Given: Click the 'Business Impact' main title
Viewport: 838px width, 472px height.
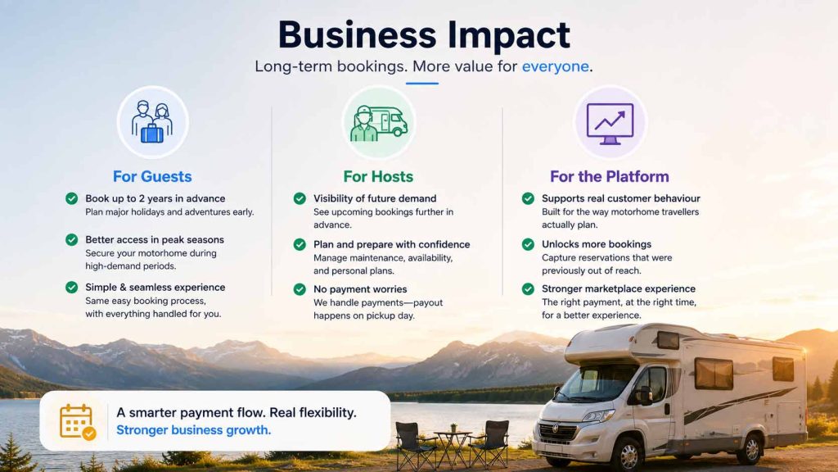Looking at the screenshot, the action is (x=424, y=35).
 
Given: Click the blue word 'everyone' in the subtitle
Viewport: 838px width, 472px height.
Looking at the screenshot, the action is (x=556, y=66).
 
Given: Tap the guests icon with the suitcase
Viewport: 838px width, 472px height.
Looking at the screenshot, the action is (x=152, y=122).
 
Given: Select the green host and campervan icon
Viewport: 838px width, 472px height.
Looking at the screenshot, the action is (x=378, y=123).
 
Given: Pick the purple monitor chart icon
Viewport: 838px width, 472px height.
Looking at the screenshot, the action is (x=610, y=123).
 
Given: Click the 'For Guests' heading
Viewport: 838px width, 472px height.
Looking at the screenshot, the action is (x=152, y=177).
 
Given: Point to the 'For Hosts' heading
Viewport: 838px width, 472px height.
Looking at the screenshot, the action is (x=378, y=177).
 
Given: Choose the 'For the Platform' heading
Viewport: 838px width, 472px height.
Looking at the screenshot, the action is (x=609, y=177).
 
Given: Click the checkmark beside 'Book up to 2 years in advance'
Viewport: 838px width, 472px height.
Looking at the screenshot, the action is (x=72, y=198).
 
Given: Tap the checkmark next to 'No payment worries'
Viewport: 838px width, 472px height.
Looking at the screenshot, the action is (x=300, y=289).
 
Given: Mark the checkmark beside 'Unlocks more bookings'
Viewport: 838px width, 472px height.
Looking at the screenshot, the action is (x=528, y=244).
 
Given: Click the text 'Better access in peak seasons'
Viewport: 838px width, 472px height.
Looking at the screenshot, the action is (x=155, y=240).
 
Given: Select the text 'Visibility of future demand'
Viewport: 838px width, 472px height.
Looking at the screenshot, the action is (x=375, y=198).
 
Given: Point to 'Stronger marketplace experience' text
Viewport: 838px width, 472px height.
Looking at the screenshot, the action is (x=619, y=289).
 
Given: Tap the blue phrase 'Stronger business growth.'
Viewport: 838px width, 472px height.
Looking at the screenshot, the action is (x=193, y=430).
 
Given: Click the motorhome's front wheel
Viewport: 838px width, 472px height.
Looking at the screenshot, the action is (x=628, y=454).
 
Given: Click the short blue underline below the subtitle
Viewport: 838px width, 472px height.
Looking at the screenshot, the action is (x=421, y=84).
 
